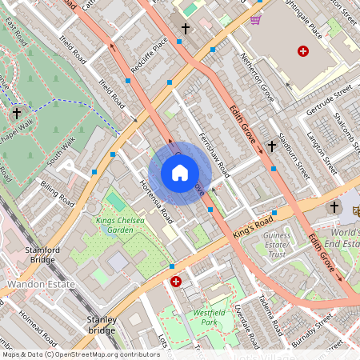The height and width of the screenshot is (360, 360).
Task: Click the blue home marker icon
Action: click(180, 173)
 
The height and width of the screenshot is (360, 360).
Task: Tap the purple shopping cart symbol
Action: click(255, 19)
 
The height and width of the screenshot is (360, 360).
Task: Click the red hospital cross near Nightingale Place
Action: click(302, 51)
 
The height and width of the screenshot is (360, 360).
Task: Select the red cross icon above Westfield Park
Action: click(175, 282)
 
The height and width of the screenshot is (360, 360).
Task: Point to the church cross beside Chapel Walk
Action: click(17, 114)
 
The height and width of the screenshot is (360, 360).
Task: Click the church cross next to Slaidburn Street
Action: click(271, 146)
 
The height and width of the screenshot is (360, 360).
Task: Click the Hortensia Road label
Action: click(157, 200)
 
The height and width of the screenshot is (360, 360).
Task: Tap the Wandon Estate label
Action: click(41, 284)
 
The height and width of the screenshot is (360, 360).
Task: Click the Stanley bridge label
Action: click(101, 324)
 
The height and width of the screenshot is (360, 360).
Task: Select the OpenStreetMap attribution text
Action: click(80, 354)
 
